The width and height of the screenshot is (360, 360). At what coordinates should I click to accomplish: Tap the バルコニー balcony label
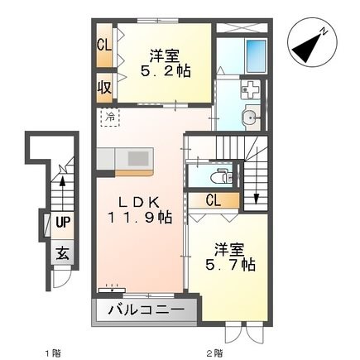(x=145, y=311)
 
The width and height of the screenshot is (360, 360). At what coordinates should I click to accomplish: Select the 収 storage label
(x=103, y=85)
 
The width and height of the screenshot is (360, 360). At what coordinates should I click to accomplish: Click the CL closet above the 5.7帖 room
(x=213, y=199)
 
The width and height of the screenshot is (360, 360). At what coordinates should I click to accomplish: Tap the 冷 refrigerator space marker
(x=110, y=118)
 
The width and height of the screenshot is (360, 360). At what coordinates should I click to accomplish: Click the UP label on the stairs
(x=63, y=222)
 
